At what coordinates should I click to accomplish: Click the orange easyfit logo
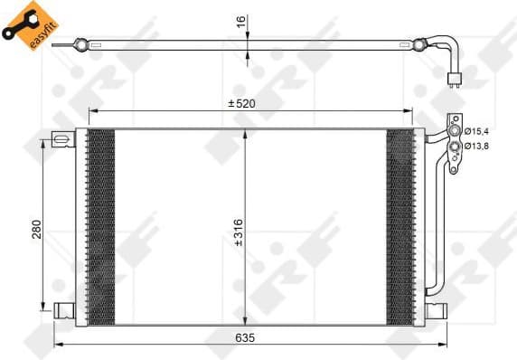click(25, 25)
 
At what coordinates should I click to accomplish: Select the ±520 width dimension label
click(240, 103)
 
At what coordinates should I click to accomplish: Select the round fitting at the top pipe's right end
click(419, 42)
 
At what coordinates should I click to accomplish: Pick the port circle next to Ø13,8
click(453, 146)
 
